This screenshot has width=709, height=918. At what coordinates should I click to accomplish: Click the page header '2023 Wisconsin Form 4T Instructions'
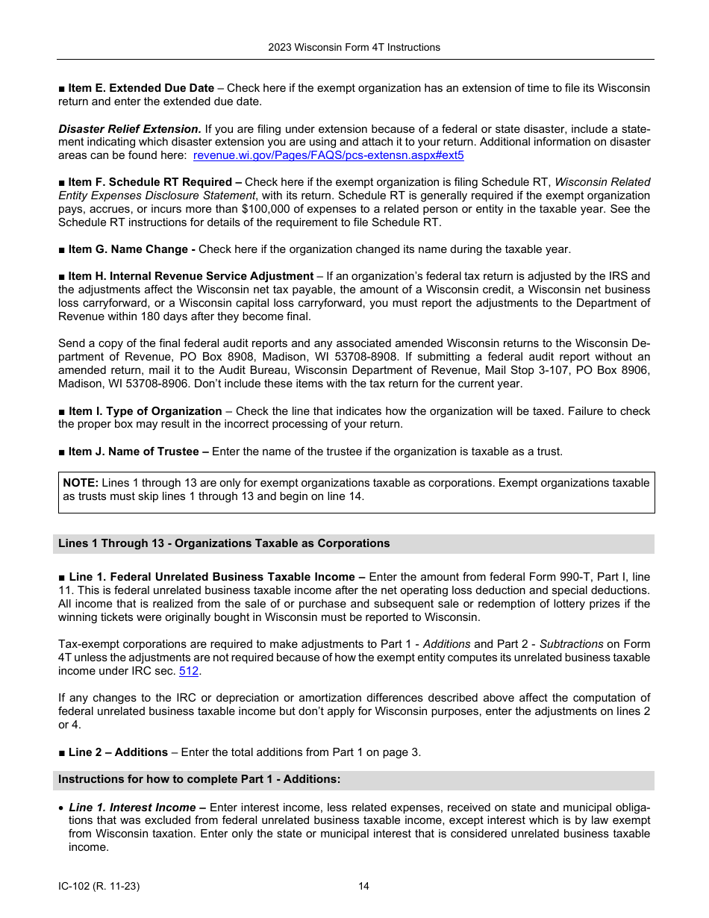pos(354,47)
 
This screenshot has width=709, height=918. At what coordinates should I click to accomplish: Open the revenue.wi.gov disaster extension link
pos(328,155)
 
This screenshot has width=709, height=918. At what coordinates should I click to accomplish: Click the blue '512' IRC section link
pos(189,671)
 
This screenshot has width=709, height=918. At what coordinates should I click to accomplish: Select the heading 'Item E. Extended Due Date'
pos(140,88)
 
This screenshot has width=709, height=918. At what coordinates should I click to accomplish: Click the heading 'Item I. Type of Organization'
pos(145,411)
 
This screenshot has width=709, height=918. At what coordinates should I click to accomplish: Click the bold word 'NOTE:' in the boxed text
pos(81,483)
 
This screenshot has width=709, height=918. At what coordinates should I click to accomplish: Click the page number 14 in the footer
pos(363,887)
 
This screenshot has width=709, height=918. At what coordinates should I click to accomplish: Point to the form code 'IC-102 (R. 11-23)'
pos(99,887)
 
